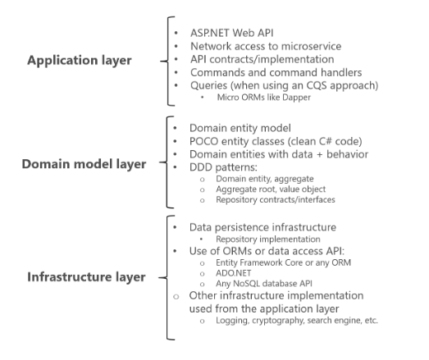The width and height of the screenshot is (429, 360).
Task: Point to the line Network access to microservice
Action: point(265,46)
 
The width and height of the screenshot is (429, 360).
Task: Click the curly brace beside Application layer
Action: point(170,61)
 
